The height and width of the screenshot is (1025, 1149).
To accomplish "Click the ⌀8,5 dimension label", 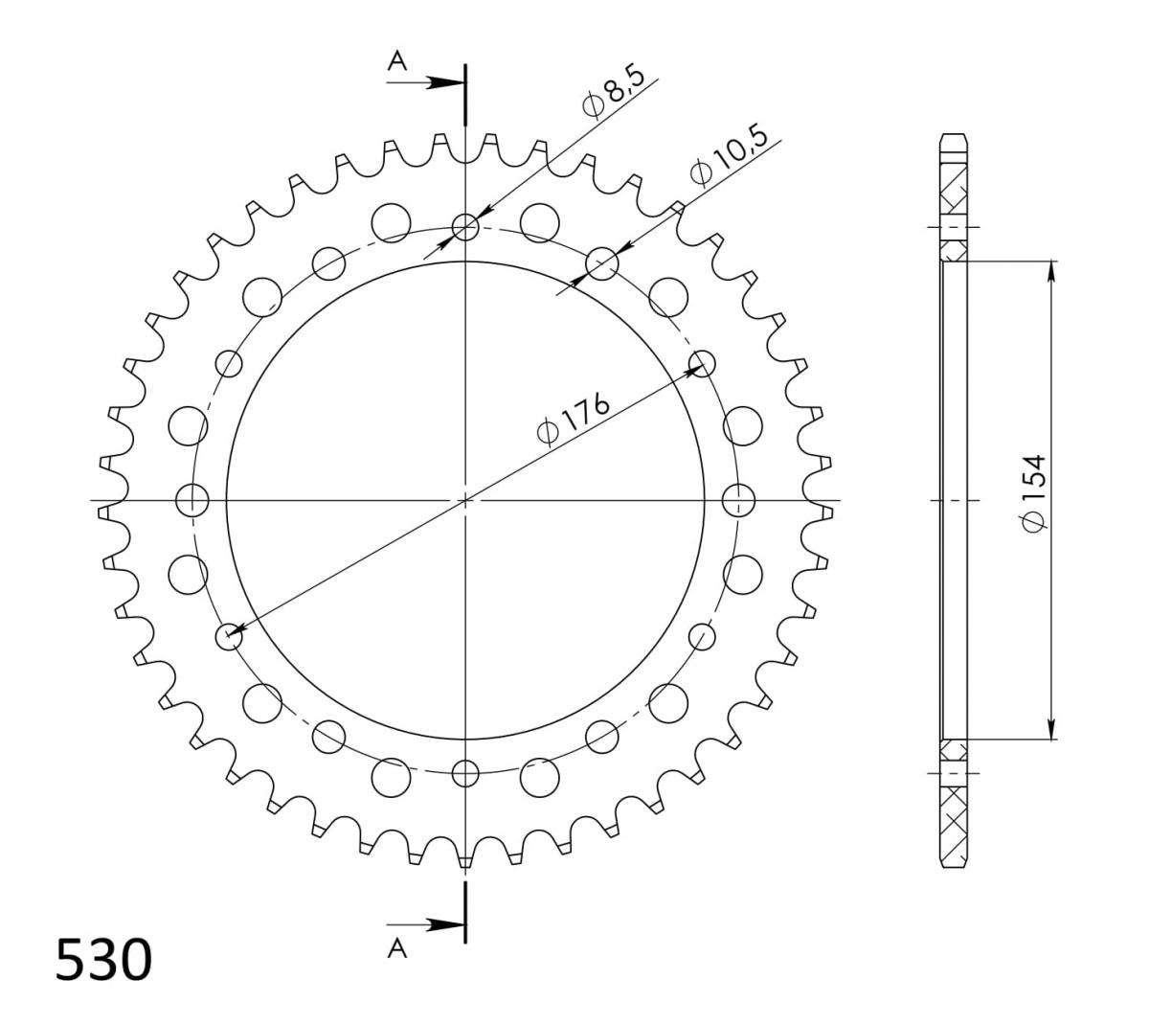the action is [613, 93].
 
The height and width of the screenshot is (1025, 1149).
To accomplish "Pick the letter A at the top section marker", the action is [397, 60].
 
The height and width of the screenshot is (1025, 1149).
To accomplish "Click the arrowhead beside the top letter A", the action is [445, 83].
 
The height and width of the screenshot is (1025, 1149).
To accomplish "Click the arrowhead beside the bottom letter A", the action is [445, 925].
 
